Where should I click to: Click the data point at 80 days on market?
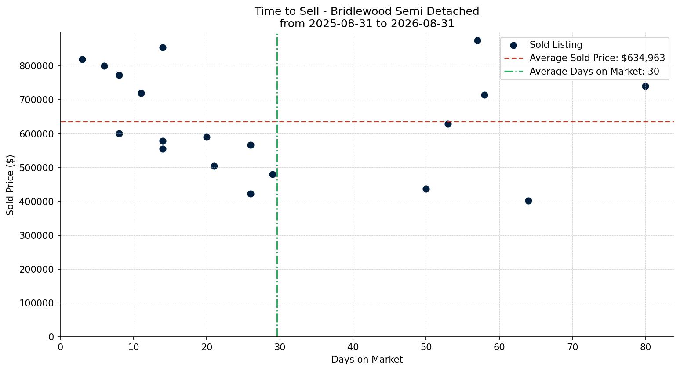coord(645,86)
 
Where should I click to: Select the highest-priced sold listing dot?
coord(477,41)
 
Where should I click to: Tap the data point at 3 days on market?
coord(82,59)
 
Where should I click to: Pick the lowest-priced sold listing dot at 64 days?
coord(528,201)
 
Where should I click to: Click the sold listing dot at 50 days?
coord(426,189)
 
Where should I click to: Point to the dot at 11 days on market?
coord(141,94)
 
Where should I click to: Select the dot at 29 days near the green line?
coord(273,175)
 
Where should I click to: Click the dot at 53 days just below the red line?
coord(448,124)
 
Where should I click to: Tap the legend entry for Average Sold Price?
coord(585,58)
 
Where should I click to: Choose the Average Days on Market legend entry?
coord(582,72)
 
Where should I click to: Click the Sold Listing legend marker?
coord(514,46)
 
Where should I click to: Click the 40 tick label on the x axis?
coord(353,347)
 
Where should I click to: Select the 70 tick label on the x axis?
coord(572,347)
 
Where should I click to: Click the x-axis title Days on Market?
coord(367,360)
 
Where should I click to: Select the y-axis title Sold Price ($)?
coord(10,185)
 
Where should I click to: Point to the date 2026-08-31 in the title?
coord(422,24)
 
